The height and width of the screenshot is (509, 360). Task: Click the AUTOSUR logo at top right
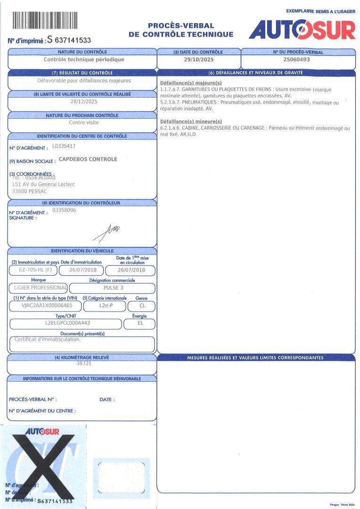pos(302,30)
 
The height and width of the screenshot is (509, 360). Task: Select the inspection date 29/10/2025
pos(198,60)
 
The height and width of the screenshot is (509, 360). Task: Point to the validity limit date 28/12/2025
pos(84,101)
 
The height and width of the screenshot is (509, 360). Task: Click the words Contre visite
pos(84,123)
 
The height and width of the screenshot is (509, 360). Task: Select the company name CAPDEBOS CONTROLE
pos(88,159)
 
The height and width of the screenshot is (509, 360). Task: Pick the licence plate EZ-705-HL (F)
pos(33,271)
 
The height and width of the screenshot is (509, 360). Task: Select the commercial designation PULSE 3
pos(113,287)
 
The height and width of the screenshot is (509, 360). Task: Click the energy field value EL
pos(140,323)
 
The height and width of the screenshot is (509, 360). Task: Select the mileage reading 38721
pos(83,364)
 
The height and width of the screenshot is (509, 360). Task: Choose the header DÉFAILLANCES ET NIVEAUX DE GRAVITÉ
pos(255,73)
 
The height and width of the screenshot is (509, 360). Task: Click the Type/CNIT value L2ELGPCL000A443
pos(67,323)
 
